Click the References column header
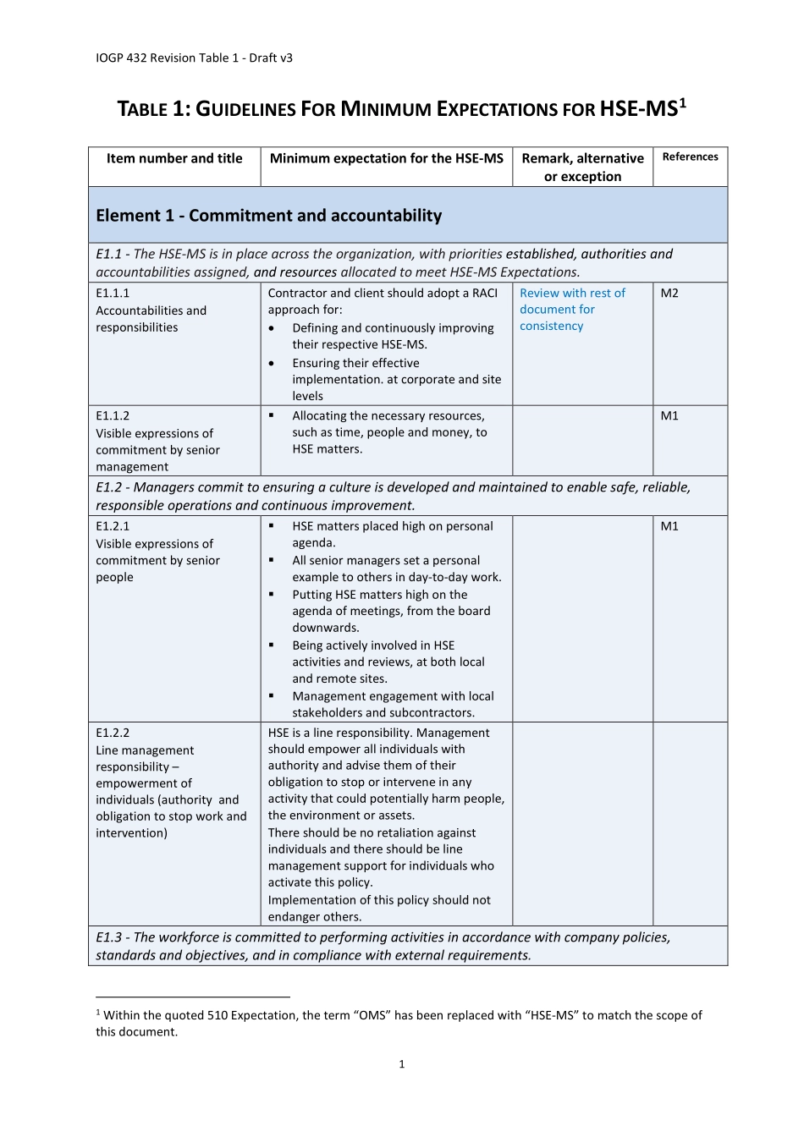[x=690, y=157]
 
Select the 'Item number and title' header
[x=174, y=159]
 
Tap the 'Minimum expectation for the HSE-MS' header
[x=386, y=159]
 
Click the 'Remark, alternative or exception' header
[x=582, y=168]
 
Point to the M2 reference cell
[x=669, y=294]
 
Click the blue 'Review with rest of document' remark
[x=572, y=310]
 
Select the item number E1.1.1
[x=113, y=294]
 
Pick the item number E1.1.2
[x=113, y=416]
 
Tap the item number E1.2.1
[x=113, y=526]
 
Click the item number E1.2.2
[x=113, y=733]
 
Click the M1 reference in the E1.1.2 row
[x=669, y=416]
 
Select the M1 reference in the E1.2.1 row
[x=669, y=526]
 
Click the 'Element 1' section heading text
[x=268, y=216]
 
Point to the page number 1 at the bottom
[x=402, y=1064]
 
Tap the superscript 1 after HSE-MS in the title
[x=683, y=102]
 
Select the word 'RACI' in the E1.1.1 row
[x=485, y=294]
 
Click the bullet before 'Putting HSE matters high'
[x=272, y=595]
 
